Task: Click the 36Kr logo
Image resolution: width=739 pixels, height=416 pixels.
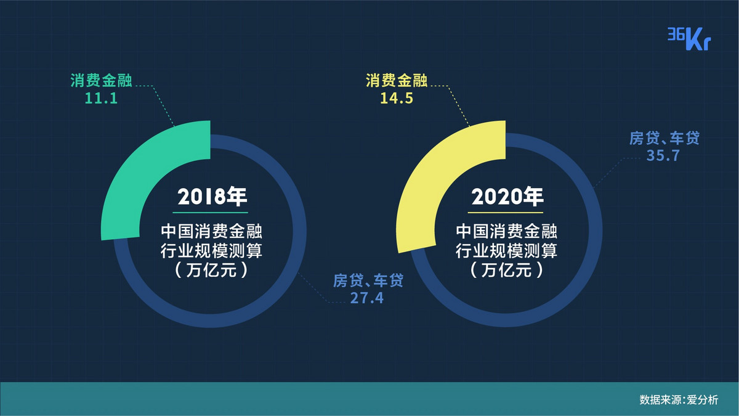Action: (689, 39)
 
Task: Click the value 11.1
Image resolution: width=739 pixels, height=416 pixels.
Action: (101, 99)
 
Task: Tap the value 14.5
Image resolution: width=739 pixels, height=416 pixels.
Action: (397, 99)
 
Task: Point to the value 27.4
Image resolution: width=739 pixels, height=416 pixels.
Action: (367, 298)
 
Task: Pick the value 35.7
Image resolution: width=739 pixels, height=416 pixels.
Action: (663, 155)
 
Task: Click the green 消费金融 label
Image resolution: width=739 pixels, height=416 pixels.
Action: (101, 80)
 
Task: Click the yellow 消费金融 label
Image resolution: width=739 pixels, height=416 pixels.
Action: (397, 80)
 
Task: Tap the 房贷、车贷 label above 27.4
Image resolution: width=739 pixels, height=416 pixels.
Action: (368, 280)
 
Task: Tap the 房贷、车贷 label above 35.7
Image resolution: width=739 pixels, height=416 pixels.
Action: (664, 138)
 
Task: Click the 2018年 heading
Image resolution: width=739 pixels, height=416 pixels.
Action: (212, 197)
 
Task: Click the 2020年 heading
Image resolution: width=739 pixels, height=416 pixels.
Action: (507, 197)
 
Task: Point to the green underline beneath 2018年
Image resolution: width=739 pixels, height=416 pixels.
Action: (210, 213)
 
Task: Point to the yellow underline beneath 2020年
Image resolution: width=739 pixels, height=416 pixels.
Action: (506, 213)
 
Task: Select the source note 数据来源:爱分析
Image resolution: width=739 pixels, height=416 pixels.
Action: (679, 400)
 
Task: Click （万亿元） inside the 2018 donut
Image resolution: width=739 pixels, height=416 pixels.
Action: (211, 270)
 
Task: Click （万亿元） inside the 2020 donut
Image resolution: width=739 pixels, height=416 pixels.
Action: (506, 270)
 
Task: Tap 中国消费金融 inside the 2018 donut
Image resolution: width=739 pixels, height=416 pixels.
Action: (211, 231)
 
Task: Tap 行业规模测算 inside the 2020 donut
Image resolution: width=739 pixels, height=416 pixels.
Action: (506, 251)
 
